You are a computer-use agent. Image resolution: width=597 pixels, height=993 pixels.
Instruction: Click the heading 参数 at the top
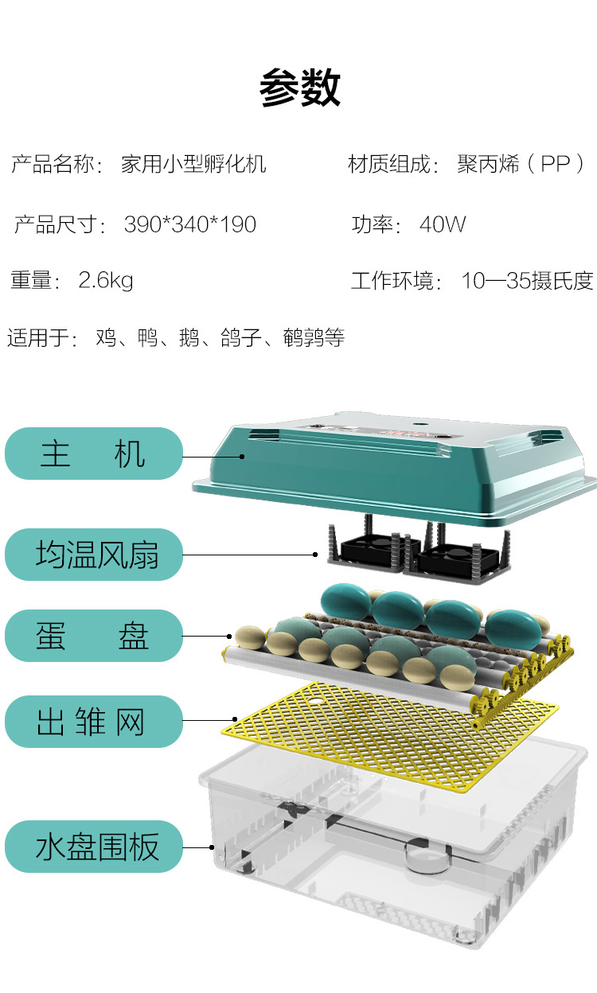point(300,88)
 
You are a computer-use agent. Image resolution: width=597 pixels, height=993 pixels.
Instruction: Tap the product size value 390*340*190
point(190,224)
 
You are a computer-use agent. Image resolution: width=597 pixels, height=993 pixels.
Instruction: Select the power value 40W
point(443,224)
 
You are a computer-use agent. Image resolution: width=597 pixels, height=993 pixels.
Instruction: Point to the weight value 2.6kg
point(106,280)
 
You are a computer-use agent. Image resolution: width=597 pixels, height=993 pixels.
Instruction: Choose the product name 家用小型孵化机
point(193,164)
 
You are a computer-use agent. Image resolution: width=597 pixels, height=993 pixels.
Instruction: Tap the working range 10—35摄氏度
point(528,280)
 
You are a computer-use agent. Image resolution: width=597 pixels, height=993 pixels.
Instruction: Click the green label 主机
point(94,454)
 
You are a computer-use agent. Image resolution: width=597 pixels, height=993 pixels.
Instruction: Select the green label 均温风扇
point(94,555)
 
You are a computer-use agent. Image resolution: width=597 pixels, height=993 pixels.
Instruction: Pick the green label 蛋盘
point(94,636)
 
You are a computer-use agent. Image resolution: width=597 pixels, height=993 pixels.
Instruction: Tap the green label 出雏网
point(94,722)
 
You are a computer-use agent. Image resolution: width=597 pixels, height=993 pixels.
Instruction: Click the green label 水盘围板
point(94,847)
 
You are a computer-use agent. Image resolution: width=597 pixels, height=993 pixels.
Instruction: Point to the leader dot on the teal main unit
point(242,457)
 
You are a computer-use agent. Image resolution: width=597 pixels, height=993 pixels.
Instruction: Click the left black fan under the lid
point(372,550)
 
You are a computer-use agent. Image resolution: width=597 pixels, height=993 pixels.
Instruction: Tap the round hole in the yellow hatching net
point(315,702)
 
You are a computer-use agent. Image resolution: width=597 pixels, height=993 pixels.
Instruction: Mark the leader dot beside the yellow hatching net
point(235,719)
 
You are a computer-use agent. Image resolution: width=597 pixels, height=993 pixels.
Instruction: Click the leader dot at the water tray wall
point(212,847)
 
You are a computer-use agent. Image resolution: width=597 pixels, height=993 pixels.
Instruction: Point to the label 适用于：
point(42,338)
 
